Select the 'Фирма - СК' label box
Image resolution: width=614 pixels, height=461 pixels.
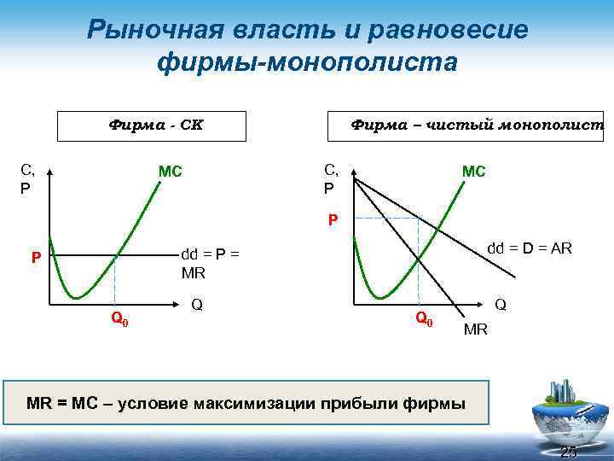click(152, 125)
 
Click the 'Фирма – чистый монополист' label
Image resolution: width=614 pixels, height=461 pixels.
click(477, 125)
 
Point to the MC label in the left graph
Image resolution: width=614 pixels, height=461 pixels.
click(170, 172)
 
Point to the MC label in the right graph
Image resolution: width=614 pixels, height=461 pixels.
click(473, 172)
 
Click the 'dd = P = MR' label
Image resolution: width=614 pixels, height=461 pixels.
click(210, 264)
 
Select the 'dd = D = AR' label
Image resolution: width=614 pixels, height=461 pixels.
click(529, 248)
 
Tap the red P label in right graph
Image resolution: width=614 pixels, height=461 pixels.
click(333, 219)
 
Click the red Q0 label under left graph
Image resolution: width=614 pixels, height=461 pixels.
click(119, 319)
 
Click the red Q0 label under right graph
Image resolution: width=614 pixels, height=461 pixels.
click(424, 319)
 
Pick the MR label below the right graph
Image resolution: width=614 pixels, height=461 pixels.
click(475, 329)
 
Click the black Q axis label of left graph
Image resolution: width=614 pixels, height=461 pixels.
click(197, 304)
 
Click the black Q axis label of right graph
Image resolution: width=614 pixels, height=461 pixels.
click(501, 304)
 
